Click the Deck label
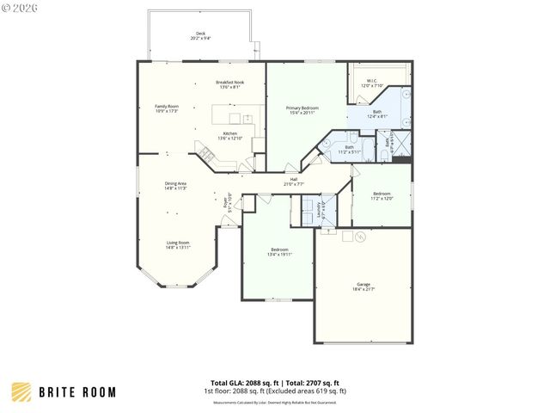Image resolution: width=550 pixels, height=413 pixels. click(200, 35)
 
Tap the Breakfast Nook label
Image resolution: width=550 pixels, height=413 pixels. click(229, 84)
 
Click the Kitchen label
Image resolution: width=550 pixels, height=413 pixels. click(230, 136)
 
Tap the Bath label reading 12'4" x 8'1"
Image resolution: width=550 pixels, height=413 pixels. click(377, 114)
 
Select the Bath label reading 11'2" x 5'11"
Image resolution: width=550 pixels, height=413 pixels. click(349, 149)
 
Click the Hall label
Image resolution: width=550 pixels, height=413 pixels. click(293, 182)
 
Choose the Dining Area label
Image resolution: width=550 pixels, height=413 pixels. click(176, 185)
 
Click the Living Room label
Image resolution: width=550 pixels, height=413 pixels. click(178, 244)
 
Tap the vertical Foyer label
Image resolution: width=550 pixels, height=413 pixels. click(227, 203)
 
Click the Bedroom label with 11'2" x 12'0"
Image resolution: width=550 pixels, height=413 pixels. click(382, 196)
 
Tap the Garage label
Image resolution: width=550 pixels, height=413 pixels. click(364, 287)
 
